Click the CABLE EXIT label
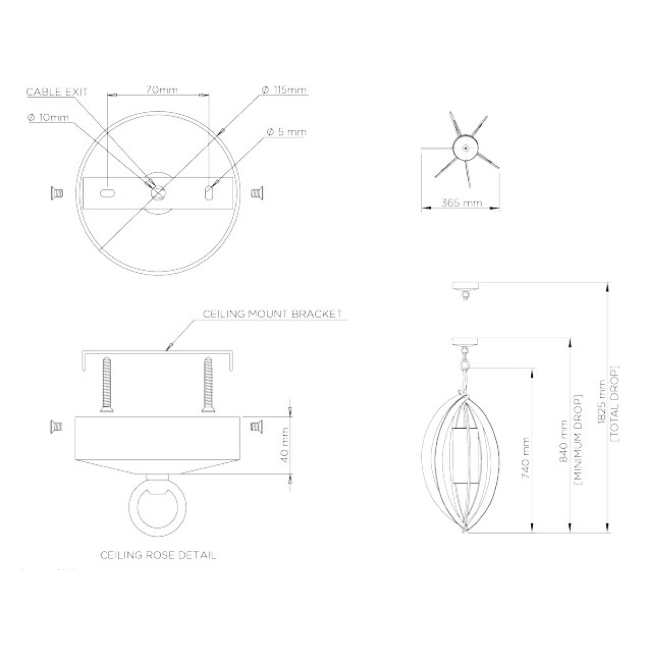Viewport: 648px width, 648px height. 57,92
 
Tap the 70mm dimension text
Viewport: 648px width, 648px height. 162,90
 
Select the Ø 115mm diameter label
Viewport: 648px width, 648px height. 284,90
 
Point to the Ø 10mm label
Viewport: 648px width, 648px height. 48,118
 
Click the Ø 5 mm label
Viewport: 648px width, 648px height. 287,132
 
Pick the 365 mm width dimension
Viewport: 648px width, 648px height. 462,203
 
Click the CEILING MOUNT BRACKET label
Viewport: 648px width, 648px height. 272,314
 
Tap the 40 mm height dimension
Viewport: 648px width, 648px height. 285,445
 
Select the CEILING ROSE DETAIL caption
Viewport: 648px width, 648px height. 158,555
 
